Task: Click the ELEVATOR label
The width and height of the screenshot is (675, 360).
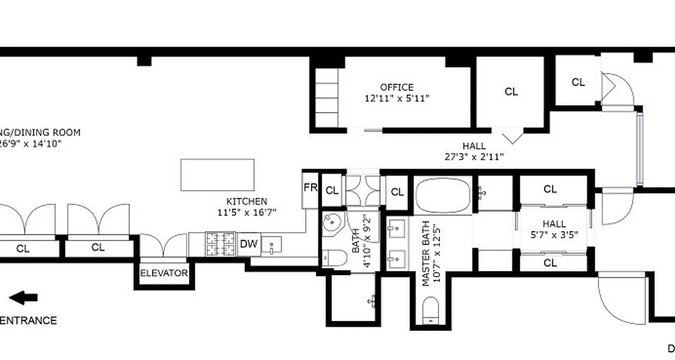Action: (164, 273)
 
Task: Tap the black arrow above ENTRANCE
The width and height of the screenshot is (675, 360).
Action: (23, 297)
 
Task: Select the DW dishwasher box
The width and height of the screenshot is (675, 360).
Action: (248, 244)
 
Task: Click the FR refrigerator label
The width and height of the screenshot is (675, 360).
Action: (310, 188)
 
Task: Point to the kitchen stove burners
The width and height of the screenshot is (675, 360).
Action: (220, 244)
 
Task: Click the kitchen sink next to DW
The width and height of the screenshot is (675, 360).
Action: (271, 246)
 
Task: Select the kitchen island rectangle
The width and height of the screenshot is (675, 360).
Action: (217, 175)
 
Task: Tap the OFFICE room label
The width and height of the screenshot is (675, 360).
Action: (396, 87)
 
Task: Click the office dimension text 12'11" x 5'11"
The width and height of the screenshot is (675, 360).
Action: (397, 98)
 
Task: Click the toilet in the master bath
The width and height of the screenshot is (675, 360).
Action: (431, 310)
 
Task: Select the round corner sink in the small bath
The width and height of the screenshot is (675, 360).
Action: (333, 223)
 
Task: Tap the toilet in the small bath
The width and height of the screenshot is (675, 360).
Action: (335, 258)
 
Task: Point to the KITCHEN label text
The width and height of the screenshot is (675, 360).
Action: (246, 202)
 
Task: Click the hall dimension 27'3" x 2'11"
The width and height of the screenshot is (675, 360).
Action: (473, 157)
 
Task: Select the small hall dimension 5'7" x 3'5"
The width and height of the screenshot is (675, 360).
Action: (554, 234)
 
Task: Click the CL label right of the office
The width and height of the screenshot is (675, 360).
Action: (511, 92)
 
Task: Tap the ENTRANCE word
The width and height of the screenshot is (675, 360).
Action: (28, 320)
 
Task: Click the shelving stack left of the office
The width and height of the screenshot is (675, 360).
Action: (326, 98)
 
